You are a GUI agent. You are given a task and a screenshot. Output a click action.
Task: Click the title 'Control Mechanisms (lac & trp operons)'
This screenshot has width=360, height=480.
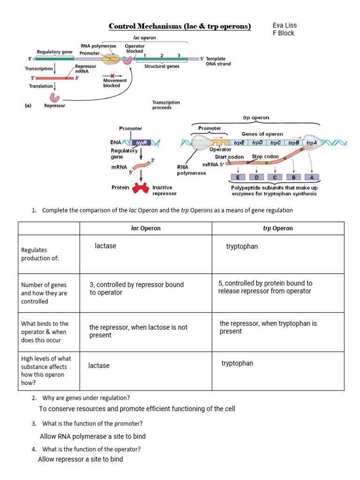tap(180, 26)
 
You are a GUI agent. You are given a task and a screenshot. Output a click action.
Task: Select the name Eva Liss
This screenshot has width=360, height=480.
tap(285, 25)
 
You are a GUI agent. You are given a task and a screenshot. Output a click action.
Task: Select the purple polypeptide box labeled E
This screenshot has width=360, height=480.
tap(238, 178)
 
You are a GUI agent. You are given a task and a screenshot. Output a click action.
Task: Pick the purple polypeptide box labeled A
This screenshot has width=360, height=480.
tap(311, 178)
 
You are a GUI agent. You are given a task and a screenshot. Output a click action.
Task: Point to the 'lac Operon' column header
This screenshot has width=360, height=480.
tap(145, 228)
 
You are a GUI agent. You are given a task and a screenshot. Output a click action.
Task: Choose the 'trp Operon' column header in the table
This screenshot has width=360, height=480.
tap(278, 228)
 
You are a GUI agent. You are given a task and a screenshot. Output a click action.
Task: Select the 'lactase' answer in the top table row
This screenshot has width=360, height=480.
tap(105, 246)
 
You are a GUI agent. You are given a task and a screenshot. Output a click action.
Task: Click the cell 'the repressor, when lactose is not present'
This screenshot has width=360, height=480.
tap(138, 331)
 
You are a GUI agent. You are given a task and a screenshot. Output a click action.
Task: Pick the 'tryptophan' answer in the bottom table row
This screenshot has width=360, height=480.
tap(237, 363)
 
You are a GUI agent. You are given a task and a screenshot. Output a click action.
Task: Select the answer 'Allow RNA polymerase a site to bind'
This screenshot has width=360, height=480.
tap(93, 436)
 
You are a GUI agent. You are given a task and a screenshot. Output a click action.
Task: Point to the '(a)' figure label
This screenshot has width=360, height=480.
tap(28, 106)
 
